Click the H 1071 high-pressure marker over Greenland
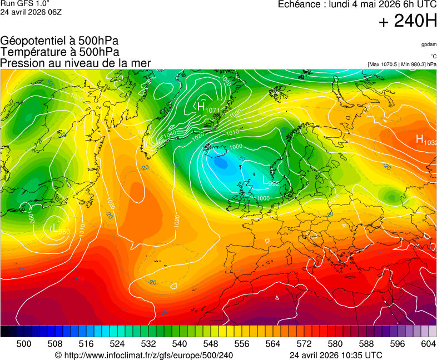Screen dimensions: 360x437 pyautogui.click(x=207, y=107)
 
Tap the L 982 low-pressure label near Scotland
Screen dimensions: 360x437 pyautogui.click(x=270, y=181)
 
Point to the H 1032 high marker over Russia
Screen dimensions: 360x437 pyautogui.click(x=425, y=140)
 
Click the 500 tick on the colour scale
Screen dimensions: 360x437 pyautogui.click(x=24, y=344)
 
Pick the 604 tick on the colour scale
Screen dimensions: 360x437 pyautogui.click(x=428, y=344)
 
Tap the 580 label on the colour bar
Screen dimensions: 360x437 pyautogui.click(x=335, y=344)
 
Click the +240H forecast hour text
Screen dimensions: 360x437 pyautogui.click(x=408, y=22)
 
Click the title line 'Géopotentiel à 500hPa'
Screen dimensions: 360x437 pyautogui.click(x=59, y=41)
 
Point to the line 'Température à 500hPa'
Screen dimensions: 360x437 pyautogui.click(x=59, y=52)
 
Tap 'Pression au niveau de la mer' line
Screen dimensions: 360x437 pyautogui.click(x=76, y=63)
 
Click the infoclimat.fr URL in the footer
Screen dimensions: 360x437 pyautogui.click(x=143, y=355)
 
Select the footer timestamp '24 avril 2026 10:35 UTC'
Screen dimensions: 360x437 pyautogui.click(x=336, y=355)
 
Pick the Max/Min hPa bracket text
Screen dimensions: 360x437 pyautogui.click(x=402, y=64)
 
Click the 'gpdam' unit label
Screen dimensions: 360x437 pyautogui.click(x=429, y=44)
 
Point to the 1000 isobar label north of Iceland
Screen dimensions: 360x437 pyautogui.click(x=236, y=147)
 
